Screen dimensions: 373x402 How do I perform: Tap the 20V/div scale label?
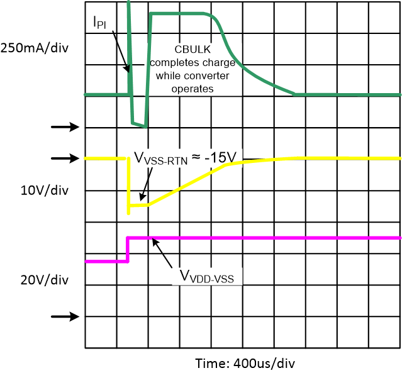tap(37, 279)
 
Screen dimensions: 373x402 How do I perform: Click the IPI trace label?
tap(99, 23)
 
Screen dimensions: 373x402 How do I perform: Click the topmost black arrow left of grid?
tap(65, 127)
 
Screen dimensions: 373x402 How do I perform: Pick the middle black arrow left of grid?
tap(65, 159)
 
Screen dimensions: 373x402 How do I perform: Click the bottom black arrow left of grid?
tap(65, 316)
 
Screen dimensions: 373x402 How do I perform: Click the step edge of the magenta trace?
tap(128, 249)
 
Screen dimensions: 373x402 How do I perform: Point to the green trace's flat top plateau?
tap(179, 14)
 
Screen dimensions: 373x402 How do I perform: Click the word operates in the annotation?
tap(193, 89)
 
